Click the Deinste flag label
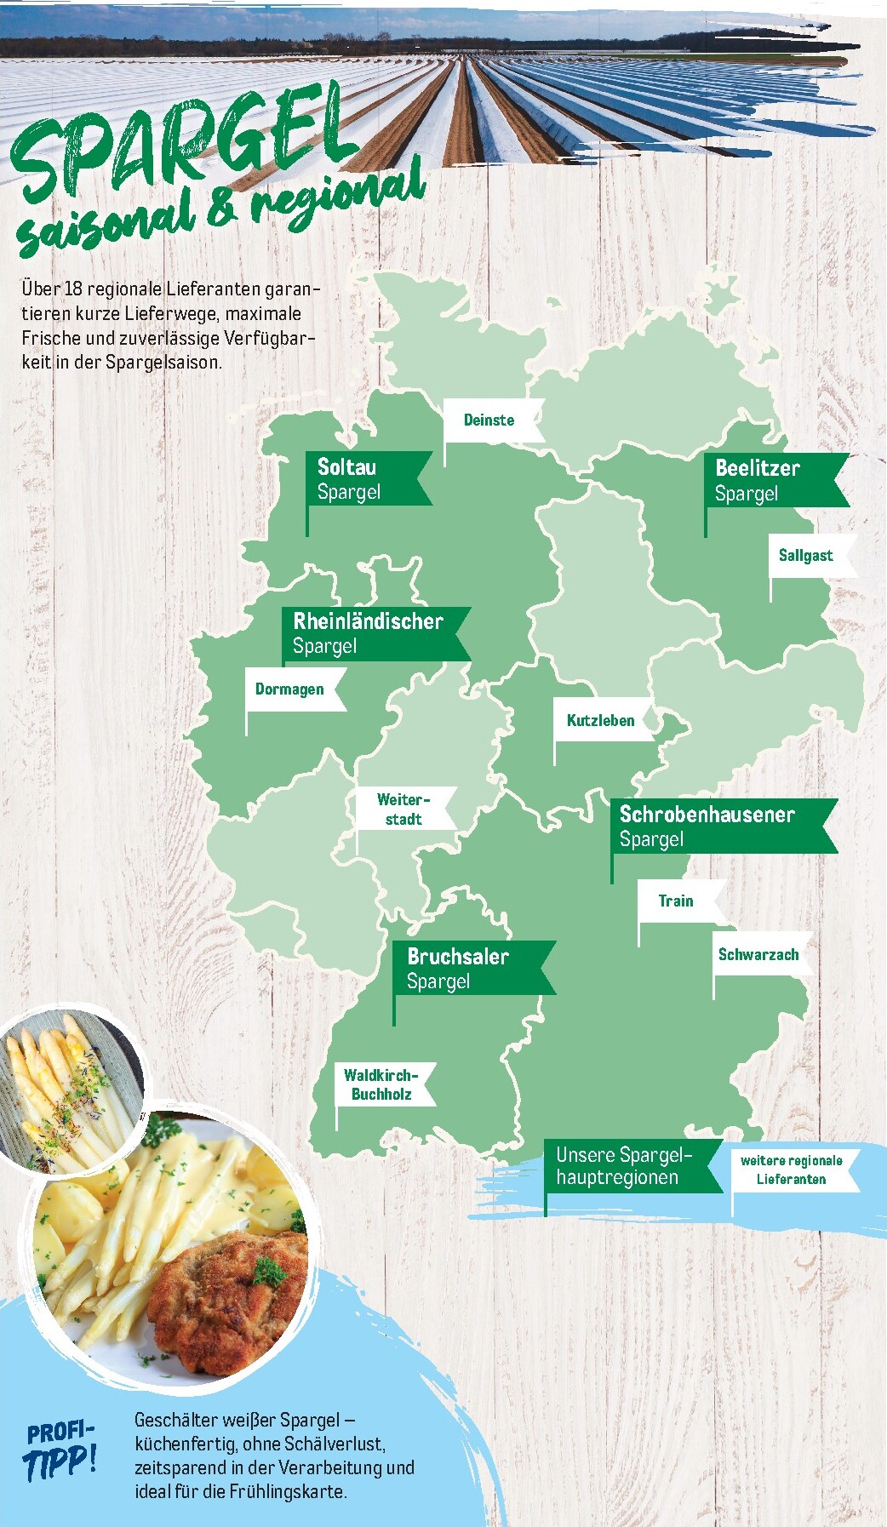489,420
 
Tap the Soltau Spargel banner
362,479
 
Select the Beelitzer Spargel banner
766,481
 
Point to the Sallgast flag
805,556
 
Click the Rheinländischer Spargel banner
370,633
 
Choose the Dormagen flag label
290,689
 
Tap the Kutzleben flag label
601,721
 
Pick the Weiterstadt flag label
403,809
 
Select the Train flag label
676,901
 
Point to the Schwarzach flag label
758,955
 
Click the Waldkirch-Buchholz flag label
381,1084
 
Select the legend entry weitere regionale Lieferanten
792,1170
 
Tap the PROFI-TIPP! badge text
60,1450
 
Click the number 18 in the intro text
73,289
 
